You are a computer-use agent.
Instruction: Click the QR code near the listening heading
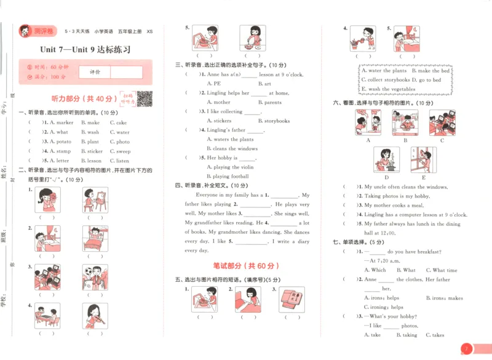click(x=144, y=98)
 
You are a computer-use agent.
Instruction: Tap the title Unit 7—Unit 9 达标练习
click(x=85, y=50)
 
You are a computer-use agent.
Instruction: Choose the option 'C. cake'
click(x=118, y=122)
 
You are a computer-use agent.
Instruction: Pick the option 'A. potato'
click(x=59, y=142)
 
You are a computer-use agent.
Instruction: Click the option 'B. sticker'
click(x=92, y=151)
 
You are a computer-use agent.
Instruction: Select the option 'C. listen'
click(x=119, y=161)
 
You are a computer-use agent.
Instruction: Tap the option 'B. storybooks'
click(x=269, y=121)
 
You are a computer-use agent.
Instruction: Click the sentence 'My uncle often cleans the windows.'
click(x=406, y=186)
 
